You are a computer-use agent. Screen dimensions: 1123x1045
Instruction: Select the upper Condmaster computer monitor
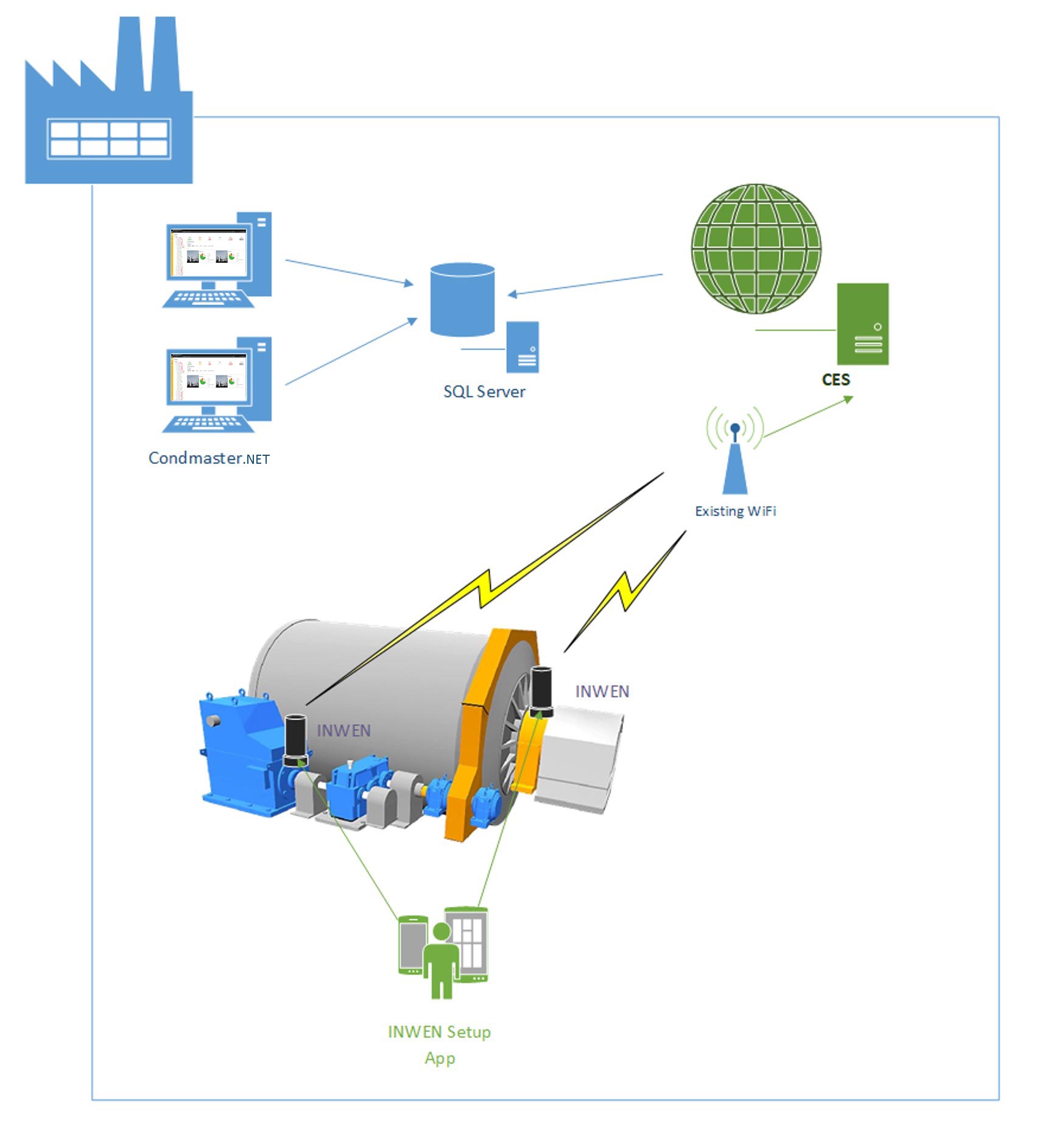click(x=208, y=252)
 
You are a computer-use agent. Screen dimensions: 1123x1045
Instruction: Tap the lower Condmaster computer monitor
click(x=208, y=376)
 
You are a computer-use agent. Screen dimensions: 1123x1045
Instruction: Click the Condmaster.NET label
click(x=209, y=458)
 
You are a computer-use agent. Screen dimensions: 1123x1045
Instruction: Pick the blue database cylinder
click(x=462, y=299)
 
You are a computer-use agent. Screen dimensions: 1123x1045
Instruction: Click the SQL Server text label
click(x=484, y=392)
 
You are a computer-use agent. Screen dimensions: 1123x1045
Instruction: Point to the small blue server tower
click(x=522, y=347)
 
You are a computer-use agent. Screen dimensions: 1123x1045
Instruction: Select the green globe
click(x=756, y=248)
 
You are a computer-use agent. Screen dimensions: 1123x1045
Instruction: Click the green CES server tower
click(x=862, y=324)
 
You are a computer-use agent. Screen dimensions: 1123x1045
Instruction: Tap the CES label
click(x=836, y=380)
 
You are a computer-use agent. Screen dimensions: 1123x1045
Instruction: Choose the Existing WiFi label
click(x=736, y=511)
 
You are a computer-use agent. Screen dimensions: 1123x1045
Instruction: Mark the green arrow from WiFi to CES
click(x=807, y=417)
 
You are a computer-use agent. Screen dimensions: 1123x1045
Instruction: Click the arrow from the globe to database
click(x=585, y=285)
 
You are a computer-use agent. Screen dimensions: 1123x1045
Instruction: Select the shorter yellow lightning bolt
click(x=625, y=591)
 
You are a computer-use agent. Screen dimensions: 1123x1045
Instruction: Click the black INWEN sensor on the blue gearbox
click(x=295, y=740)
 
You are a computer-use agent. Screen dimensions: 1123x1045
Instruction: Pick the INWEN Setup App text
click(x=439, y=1044)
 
